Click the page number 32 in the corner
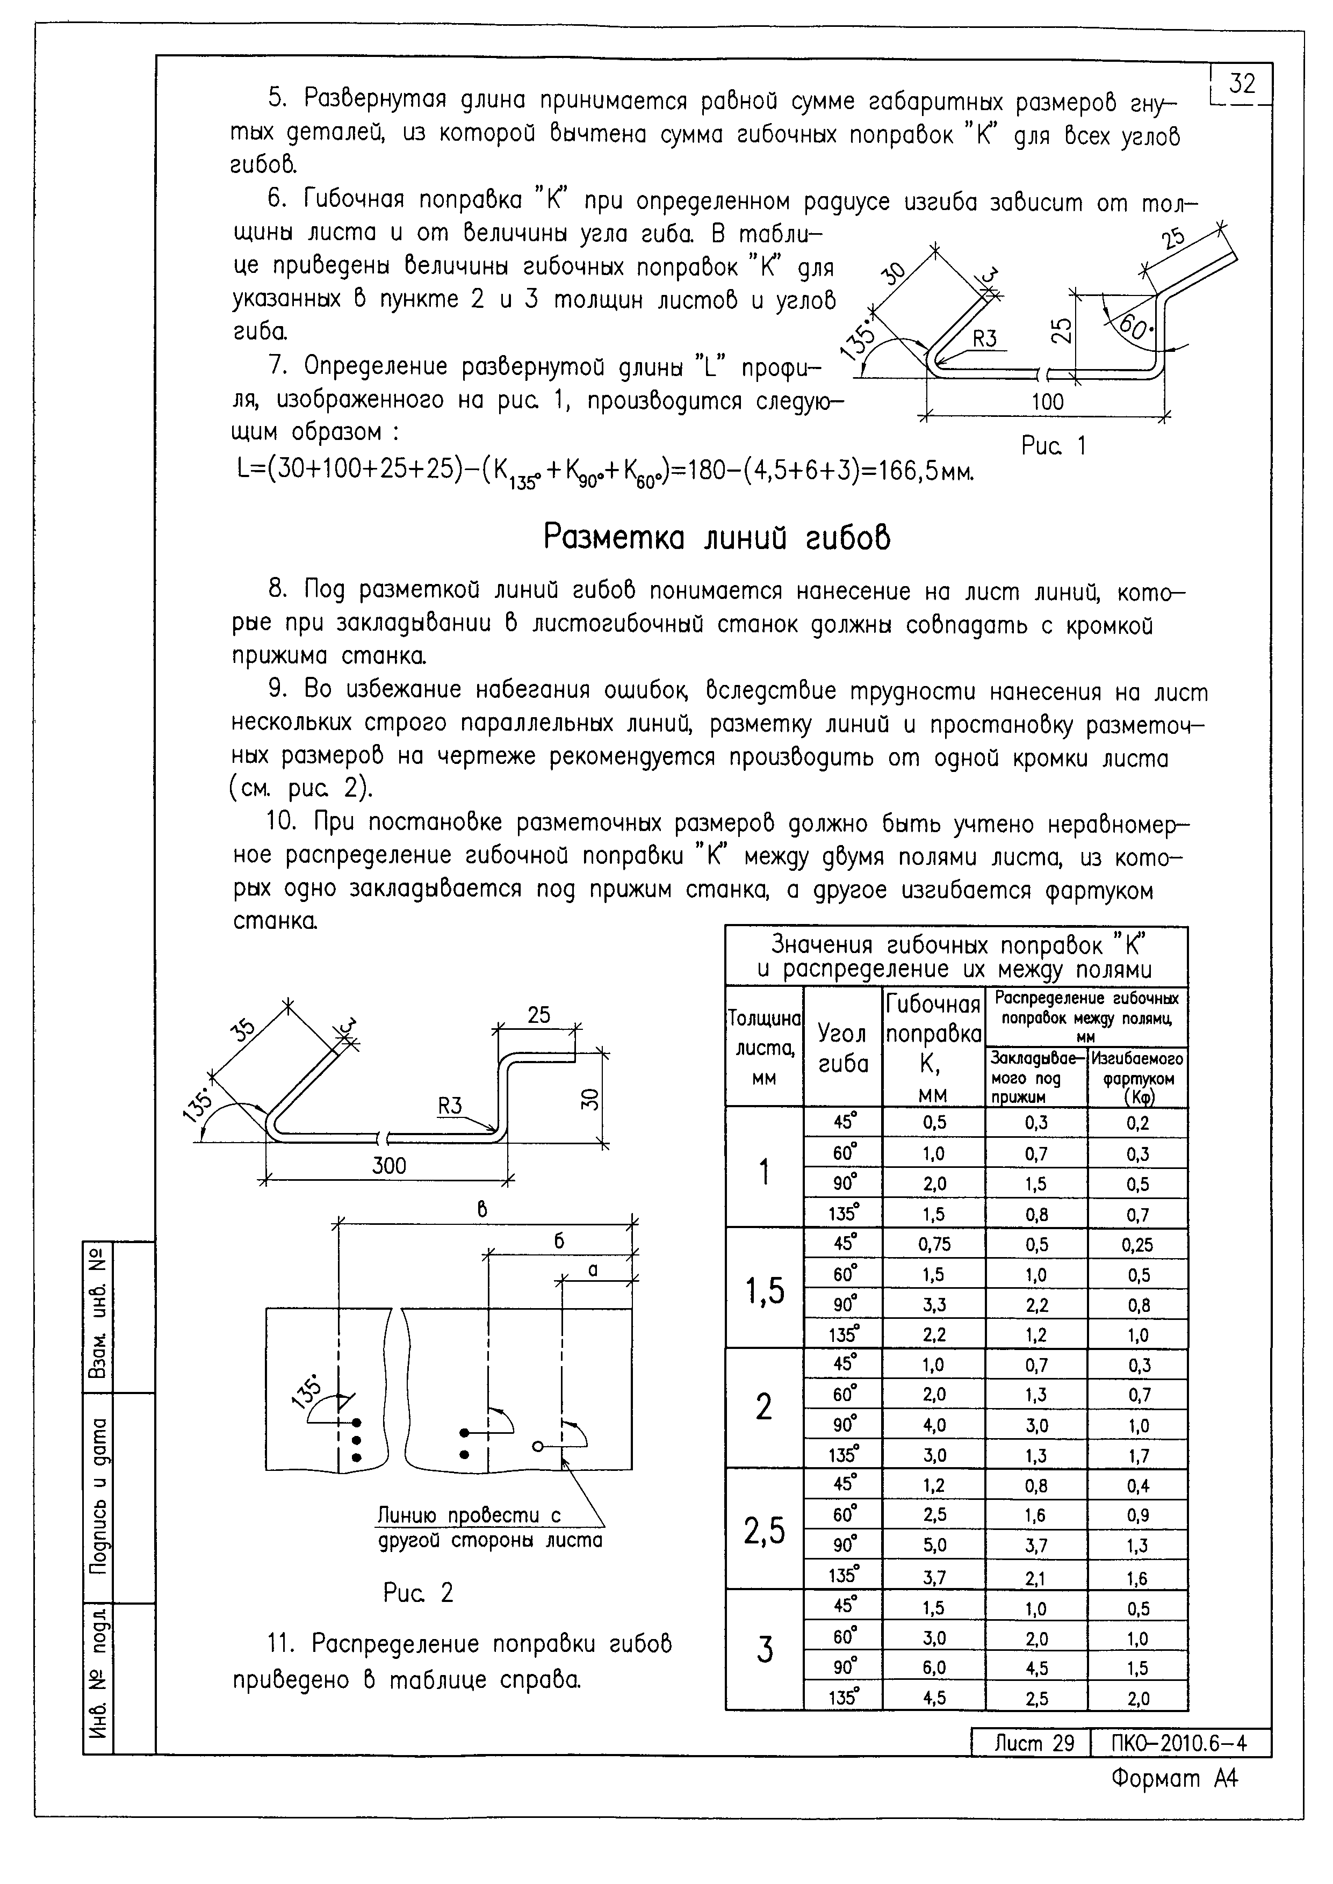pyautogui.click(x=1242, y=84)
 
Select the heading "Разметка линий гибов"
pyautogui.click(x=717, y=538)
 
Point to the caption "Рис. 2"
pyautogui.click(x=418, y=1593)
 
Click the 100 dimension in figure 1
pyautogui.click(x=1047, y=402)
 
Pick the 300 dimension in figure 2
pyautogui.click(x=388, y=1165)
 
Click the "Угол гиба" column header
pyautogui.click(x=843, y=1049)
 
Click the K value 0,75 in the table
pyautogui.click(x=934, y=1245)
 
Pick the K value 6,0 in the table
pyautogui.click(x=934, y=1668)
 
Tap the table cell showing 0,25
pyautogui.click(x=1137, y=1245)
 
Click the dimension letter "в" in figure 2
pyautogui.click(x=482, y=1209)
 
